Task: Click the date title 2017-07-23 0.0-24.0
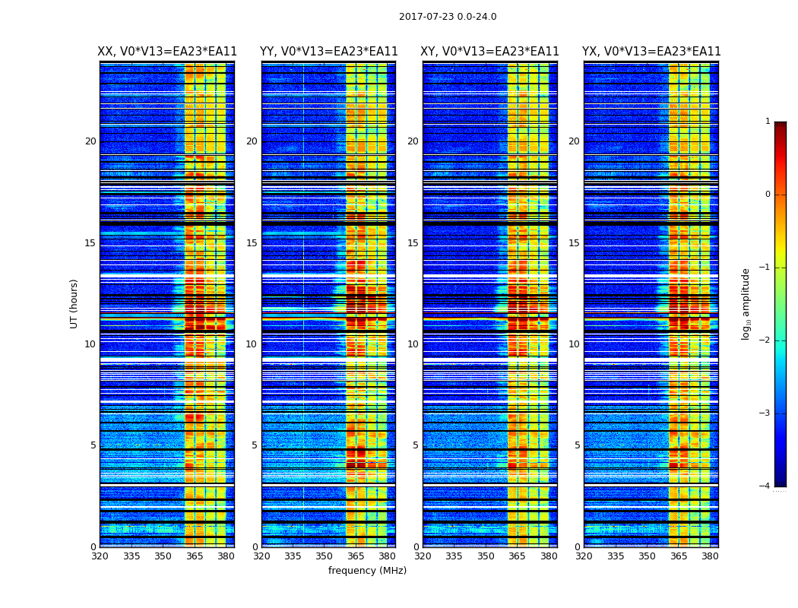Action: [448, 17]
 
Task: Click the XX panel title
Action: [167, 52]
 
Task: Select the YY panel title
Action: [328, 52]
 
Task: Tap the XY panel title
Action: [489, 52]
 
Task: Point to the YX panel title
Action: [651, 52]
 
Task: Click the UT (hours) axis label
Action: [74, 303]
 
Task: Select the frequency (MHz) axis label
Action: [367, 571]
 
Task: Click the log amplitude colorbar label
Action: [746, 303]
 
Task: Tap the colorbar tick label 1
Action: [768, 122]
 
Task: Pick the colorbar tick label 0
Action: [768, 195]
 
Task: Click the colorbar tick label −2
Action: [766, 340]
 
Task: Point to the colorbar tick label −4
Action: [766, 486]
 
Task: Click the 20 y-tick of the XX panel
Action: [90, 141]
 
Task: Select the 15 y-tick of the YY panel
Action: [252, 243]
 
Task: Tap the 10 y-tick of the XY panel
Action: [413, 344]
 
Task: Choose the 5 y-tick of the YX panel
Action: [577, 445]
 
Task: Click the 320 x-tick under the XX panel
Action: [100, 556]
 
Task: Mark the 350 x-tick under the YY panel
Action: [325, 556]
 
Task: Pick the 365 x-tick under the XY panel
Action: [517, 556]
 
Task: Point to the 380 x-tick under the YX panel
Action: [710, 556]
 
